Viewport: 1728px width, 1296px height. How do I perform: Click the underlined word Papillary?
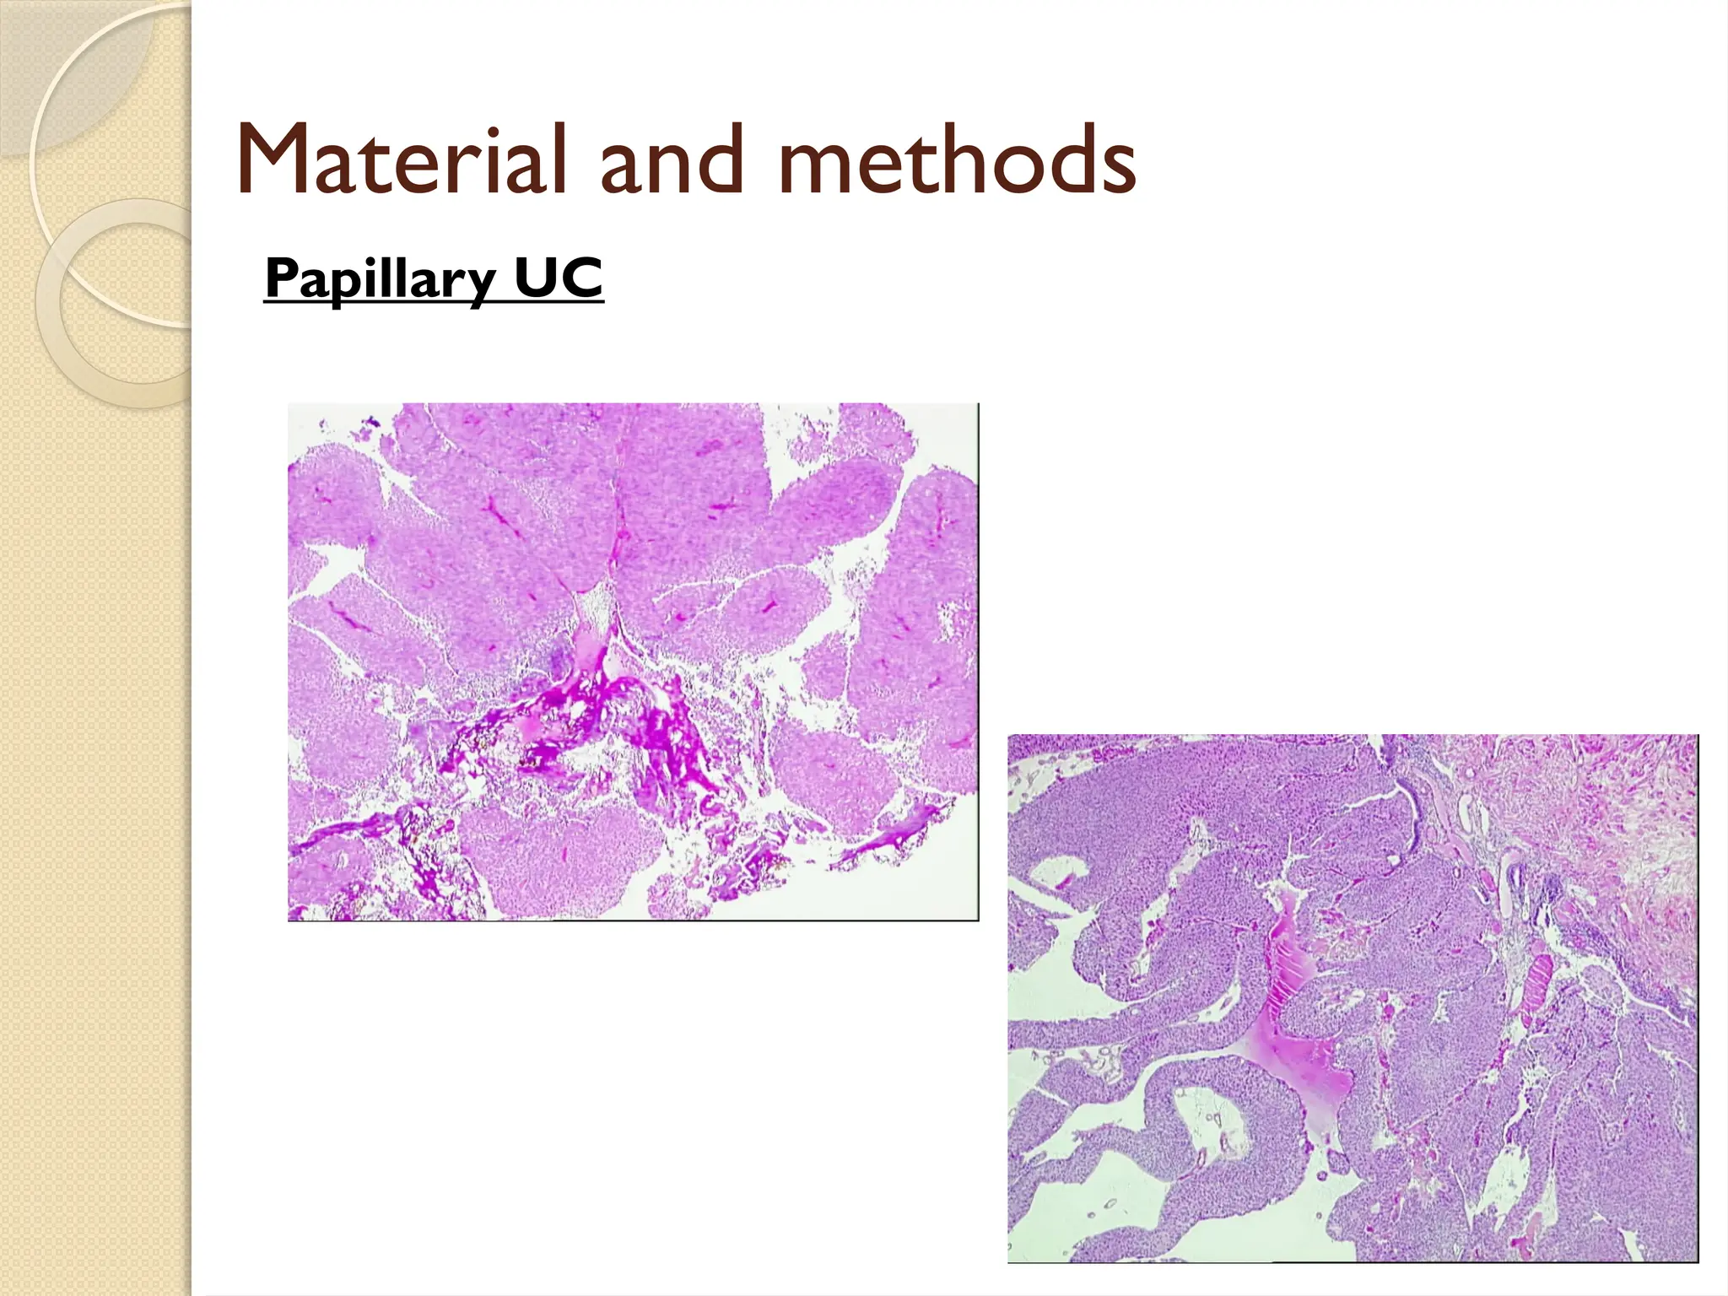[380, 278]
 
